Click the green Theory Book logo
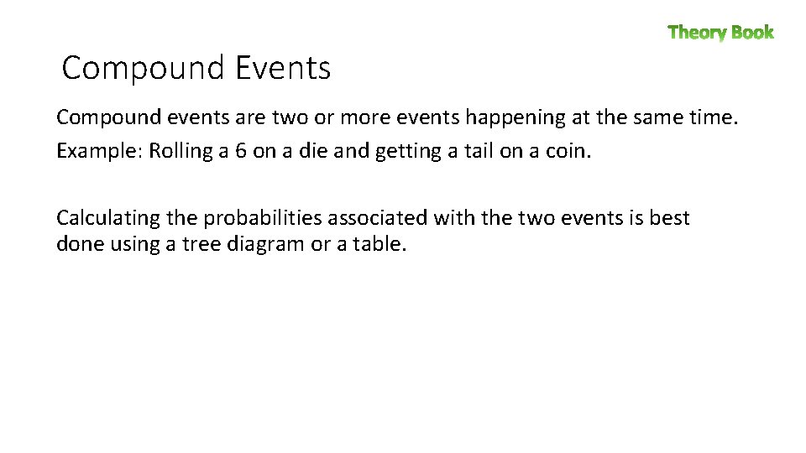point(720,33)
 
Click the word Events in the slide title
point(283,68)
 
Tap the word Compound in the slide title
point(144,68)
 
